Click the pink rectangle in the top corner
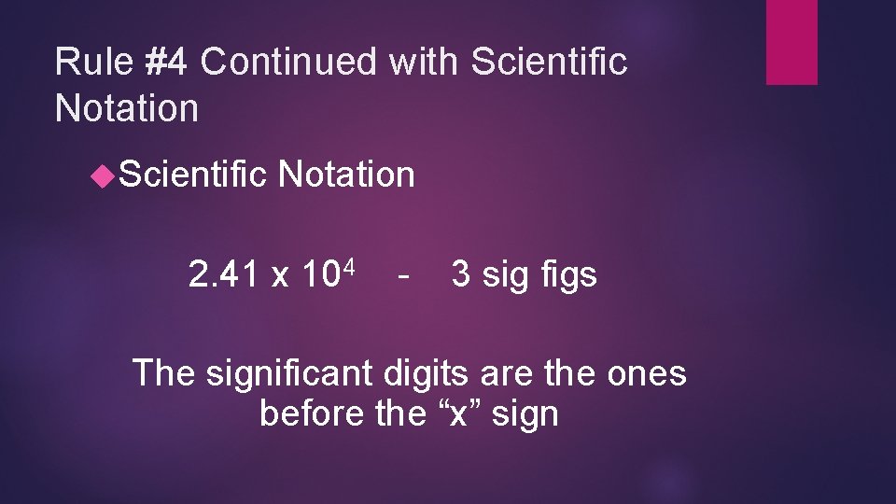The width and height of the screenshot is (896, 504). tap(791, 41)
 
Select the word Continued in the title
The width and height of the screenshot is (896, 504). tap(289, 63)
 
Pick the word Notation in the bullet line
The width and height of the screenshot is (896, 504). tap(346, 175)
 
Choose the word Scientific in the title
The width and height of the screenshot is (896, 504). tap(550, 63)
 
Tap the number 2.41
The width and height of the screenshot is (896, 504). tap(223, 275)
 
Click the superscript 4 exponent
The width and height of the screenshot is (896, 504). tap(347, 268)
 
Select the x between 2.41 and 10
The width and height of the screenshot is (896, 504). tap(279, 277)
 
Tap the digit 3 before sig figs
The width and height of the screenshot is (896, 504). tap(461, 275)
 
